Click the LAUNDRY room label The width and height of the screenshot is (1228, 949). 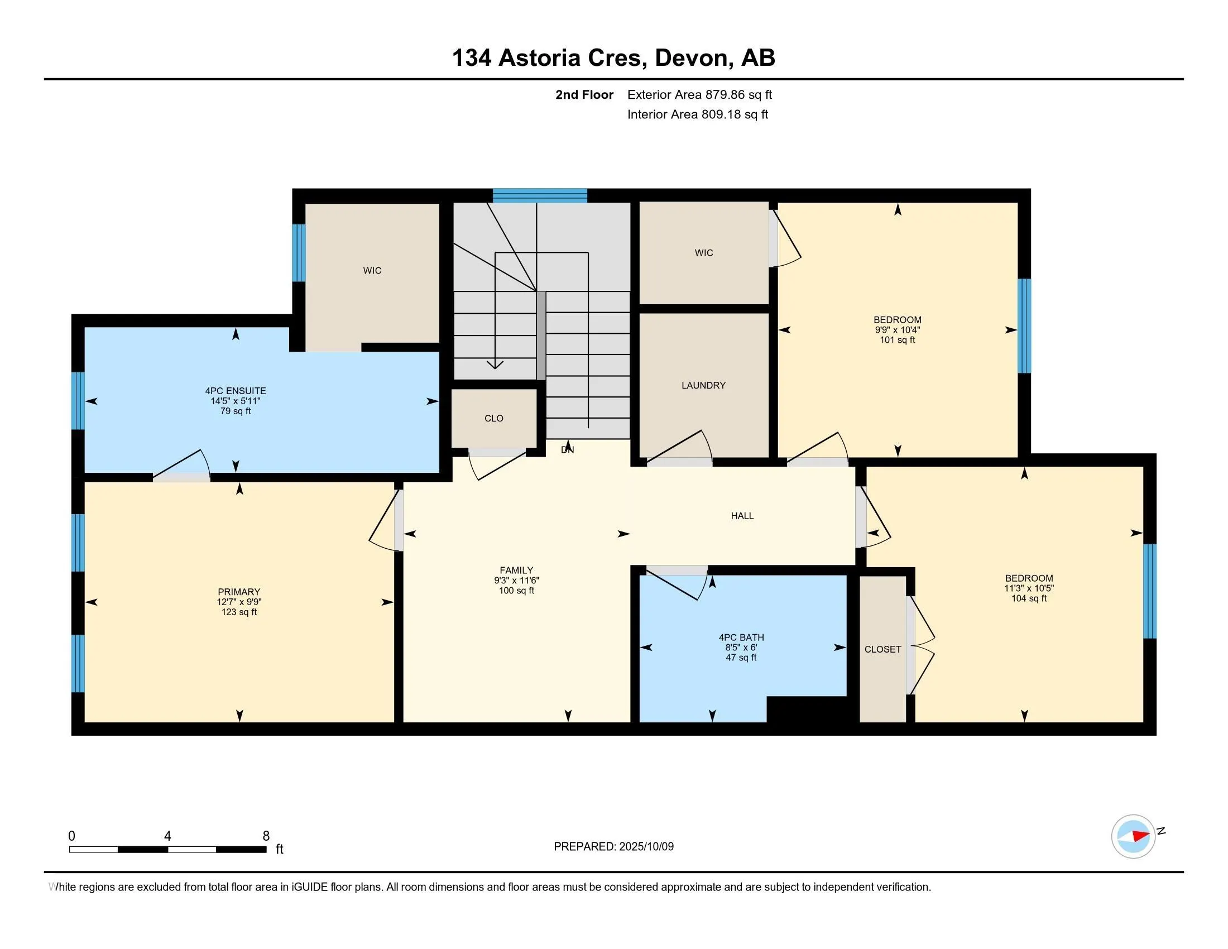click(703, 385)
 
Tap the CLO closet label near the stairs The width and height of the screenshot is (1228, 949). click(493, 418)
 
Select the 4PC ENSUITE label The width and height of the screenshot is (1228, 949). click(236, 391)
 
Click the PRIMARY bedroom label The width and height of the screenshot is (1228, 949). click(239, 591)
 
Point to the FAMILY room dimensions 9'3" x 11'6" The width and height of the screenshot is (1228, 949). click(516, 580)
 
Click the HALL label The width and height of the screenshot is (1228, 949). click(742, 516)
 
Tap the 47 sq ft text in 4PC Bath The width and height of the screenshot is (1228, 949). click(741, 657)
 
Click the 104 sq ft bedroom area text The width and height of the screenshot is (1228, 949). click(1029, 598)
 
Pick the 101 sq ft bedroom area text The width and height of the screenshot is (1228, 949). click(898, 339)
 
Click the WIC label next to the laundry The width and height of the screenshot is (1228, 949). click(703, 253)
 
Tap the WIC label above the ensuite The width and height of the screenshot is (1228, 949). click(372, 270)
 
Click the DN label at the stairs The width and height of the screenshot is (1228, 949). click(567, 450)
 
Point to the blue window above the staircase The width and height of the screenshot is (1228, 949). click(540, 195)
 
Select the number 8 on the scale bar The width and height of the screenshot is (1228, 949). click(266, 836)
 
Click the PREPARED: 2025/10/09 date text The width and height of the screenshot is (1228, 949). click(613, 846)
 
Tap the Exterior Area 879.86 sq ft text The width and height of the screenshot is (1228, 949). click(699, 94)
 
